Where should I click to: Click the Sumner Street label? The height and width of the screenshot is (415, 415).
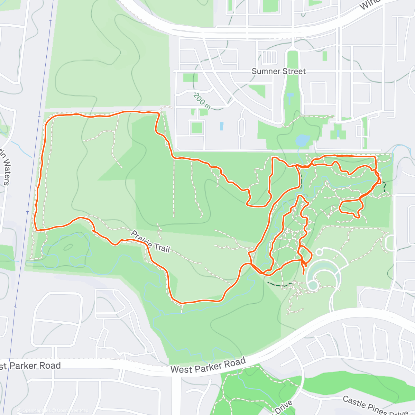click(279, 71)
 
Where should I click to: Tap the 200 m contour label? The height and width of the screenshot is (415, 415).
click(202, 101)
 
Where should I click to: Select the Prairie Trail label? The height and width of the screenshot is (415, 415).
click(150, 241)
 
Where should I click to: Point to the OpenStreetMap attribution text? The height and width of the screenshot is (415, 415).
click(73, 411)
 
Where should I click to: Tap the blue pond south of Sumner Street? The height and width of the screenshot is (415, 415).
click(302, 140)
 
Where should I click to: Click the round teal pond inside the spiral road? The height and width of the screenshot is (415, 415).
click(313, 285)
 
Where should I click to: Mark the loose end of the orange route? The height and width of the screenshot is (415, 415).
click(304, 274)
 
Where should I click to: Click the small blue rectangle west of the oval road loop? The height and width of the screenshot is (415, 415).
click(221, 126)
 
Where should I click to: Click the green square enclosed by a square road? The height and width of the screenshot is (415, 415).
click(196, 128)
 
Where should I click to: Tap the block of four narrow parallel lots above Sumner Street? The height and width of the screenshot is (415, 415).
click(269, 57)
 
